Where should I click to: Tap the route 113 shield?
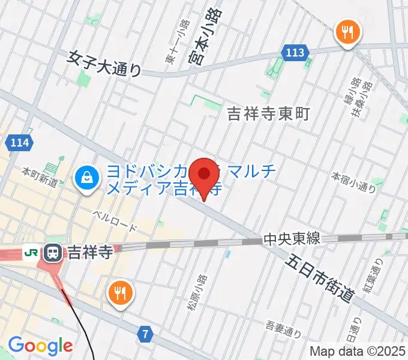point(295,53)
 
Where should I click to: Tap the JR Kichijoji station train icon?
point(54,253)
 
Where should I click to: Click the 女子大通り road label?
point(104,64)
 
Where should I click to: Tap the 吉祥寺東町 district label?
point(268,113)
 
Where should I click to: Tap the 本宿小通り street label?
point(354,182)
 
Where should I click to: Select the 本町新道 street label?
point(40,177)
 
